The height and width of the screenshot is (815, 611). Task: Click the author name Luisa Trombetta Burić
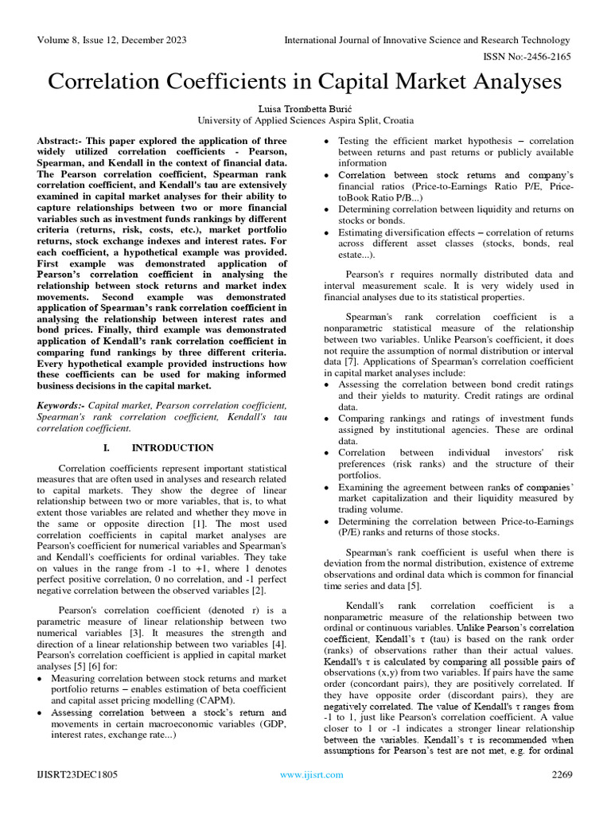coord(305,107)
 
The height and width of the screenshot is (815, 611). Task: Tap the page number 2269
coord(562,774)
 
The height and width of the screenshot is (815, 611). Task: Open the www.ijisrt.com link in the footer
coord(311,774)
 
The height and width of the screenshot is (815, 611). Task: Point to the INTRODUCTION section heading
coord(173,448)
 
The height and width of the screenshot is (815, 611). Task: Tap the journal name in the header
coord(428,41)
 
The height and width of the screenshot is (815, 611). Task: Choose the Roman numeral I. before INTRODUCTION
coord(108,448)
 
